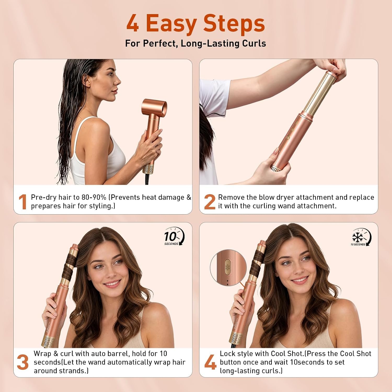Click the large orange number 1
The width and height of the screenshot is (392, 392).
click(x=23, y=202)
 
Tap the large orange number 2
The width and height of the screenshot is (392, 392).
click(x=210, y=202)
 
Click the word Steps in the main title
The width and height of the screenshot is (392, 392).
click(x=234, y=24)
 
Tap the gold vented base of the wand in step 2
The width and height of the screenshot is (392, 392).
click(x=276, y=168)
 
